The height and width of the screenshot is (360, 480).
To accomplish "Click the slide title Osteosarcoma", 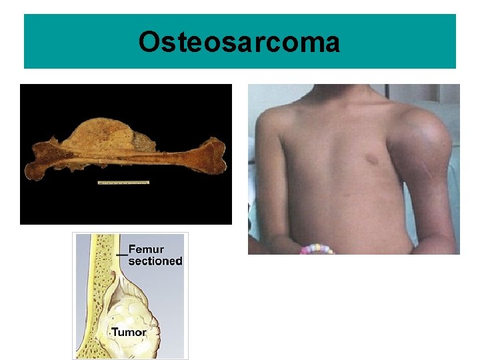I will (239, 43).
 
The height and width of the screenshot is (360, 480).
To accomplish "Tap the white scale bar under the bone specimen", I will (123, 182).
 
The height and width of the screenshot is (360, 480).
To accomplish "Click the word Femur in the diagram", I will (146, 250).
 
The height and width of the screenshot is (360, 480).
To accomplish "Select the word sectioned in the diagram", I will (155, 261).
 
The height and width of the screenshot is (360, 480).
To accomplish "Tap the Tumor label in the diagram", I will (129, 331).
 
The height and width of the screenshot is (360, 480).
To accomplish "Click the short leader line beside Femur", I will (121, 254).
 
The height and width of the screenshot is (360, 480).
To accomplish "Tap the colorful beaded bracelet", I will (316, 249).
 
